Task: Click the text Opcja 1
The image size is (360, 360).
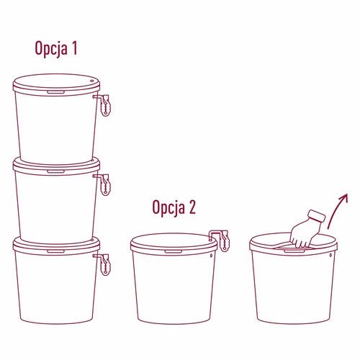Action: click(55, 50)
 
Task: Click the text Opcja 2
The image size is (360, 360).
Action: click(174, 208)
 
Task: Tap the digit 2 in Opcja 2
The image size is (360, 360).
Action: click(192, 208)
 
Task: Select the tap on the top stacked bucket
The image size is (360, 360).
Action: click(104, 105)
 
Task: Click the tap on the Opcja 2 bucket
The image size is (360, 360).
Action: click(221, 239)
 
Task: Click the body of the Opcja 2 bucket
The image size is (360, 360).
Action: click(173, 288)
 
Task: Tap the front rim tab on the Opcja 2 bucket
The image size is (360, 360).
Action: click(173, 252)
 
